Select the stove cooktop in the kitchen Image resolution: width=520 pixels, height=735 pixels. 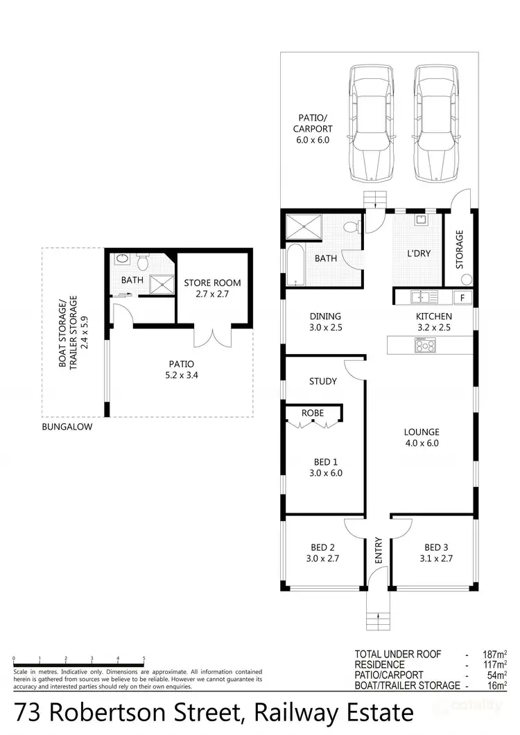coord(424,344)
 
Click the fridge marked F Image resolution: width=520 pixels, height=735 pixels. coord(462,298)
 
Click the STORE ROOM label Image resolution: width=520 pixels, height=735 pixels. coord(212,283)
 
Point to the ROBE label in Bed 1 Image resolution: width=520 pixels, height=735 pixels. coord(312,412)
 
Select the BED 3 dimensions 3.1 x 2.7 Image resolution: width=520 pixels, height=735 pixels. coord(438,558)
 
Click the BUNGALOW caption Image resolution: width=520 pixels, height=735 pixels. coord(67,427)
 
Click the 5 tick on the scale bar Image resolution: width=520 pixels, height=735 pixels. coord(144,659)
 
